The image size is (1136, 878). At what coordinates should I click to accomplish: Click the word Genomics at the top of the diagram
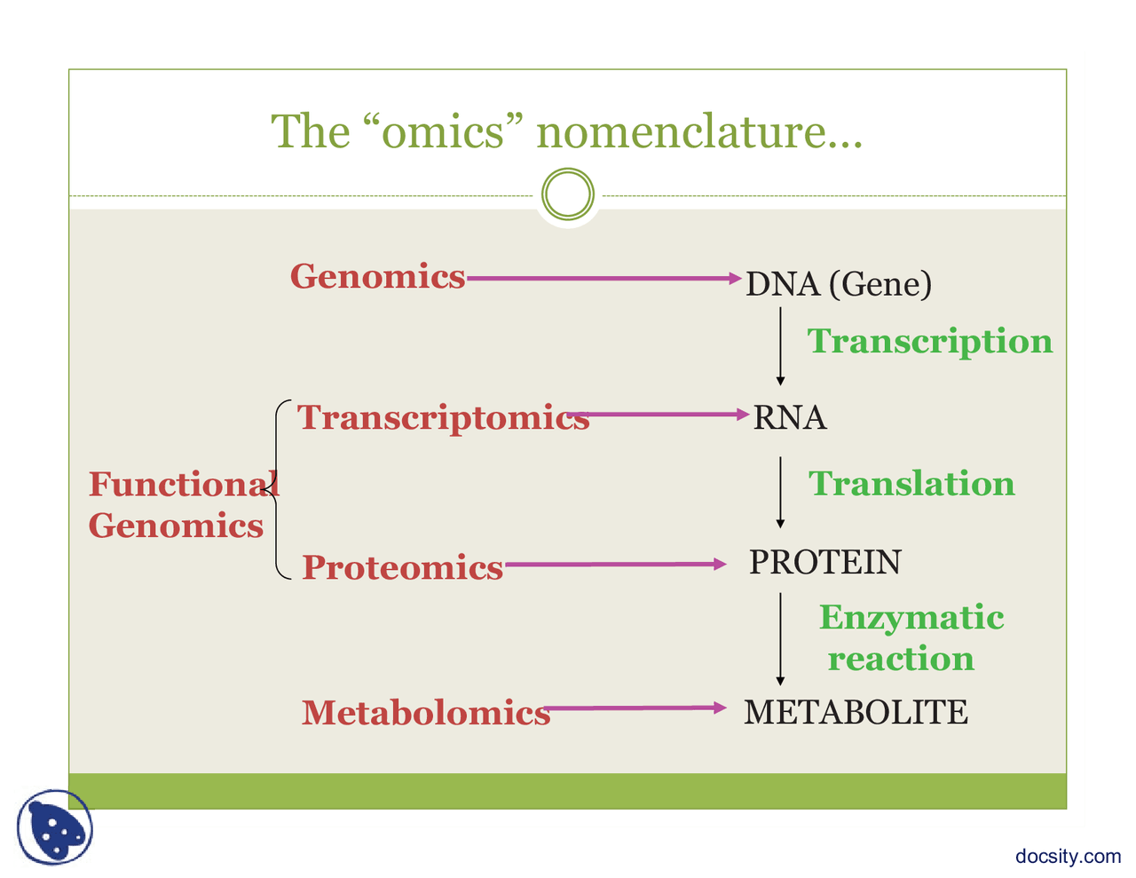[x=377, y=276]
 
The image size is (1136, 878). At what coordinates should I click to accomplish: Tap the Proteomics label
[x=403, y=568]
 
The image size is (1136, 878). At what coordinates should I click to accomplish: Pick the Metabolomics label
[x=426, y=712]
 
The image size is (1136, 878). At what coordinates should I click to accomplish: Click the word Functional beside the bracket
[x=184, y=484]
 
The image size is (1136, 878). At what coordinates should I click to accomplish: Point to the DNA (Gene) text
[x=839, y=285]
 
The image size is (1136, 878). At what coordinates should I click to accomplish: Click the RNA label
[x=790, y=417]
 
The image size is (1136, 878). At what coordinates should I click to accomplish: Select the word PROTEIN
[x=825, y=562]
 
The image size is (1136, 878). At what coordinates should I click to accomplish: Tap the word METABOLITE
[x=856, y=712]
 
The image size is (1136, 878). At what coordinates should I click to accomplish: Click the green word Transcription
[x=930, y=342]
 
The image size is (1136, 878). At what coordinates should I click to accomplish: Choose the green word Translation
[x=911, y=483]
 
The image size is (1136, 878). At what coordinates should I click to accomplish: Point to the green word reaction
[x=902, y=659]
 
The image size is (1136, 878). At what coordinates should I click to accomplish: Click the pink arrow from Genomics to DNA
[x=604, y=278]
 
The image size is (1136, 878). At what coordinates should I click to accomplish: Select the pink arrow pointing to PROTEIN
[x=616, y=565]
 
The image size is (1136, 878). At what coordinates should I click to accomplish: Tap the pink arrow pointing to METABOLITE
[x=635, y=708]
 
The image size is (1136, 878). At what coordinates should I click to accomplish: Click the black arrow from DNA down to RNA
[x=780, y=346]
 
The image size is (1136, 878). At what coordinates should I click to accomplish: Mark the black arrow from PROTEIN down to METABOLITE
[x=780, y=639]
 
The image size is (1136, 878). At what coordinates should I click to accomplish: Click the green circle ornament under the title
[x=568, y=169]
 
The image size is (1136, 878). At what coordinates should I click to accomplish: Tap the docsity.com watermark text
[x=1068, y=857]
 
